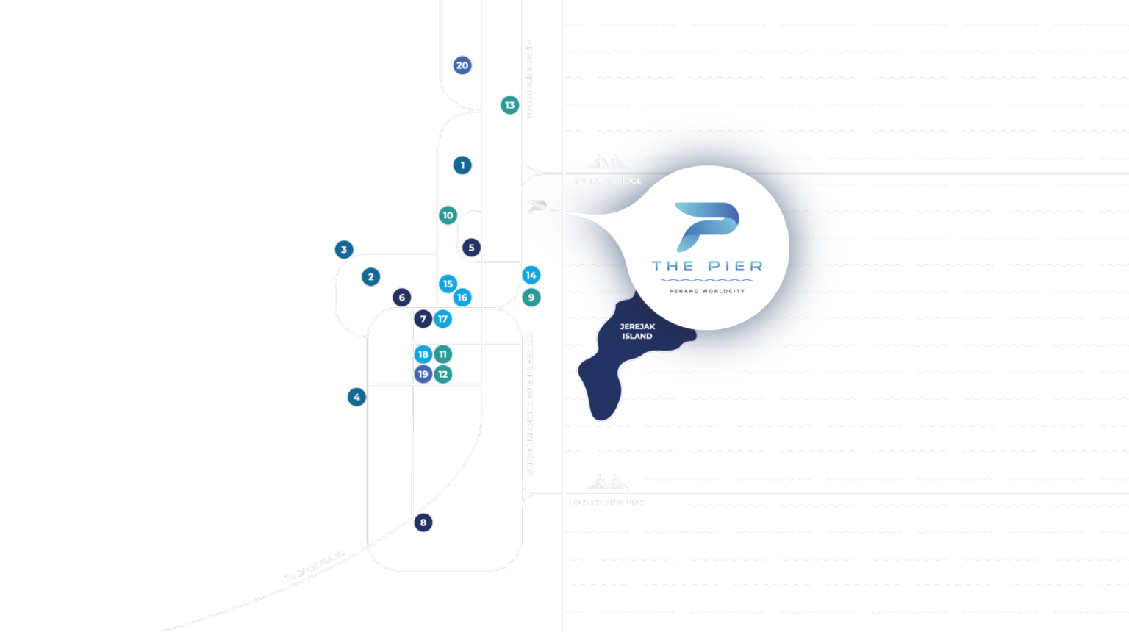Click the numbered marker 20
pyautogui.click(x=462, y=65)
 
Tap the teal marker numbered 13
pyautogui.click(x=509, y=105)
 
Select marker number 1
pyautogui.click(x=462, y=165)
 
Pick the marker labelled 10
pyautogui.click(x=448, y=215)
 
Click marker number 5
pyautogui.click(x=471, y=248)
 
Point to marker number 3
pyautogui.click(x=344, y=250)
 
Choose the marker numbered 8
pyautogui.click(x=423, y=523)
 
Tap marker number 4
pyautogui.click(x=356, y=398)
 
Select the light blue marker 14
pyautogui.click(x=531, y=276)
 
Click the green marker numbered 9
pyautogui.click(x=531, y=298)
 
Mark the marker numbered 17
pyautogui.click(x=442, y=319)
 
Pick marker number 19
pyautogui.click(x=423, y=374)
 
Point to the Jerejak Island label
pyautogui.click(x=637, y=331)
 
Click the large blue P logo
pyautogui.click(x=707, y=226)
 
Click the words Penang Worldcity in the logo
pyautogui.click(x=707, y=291)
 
